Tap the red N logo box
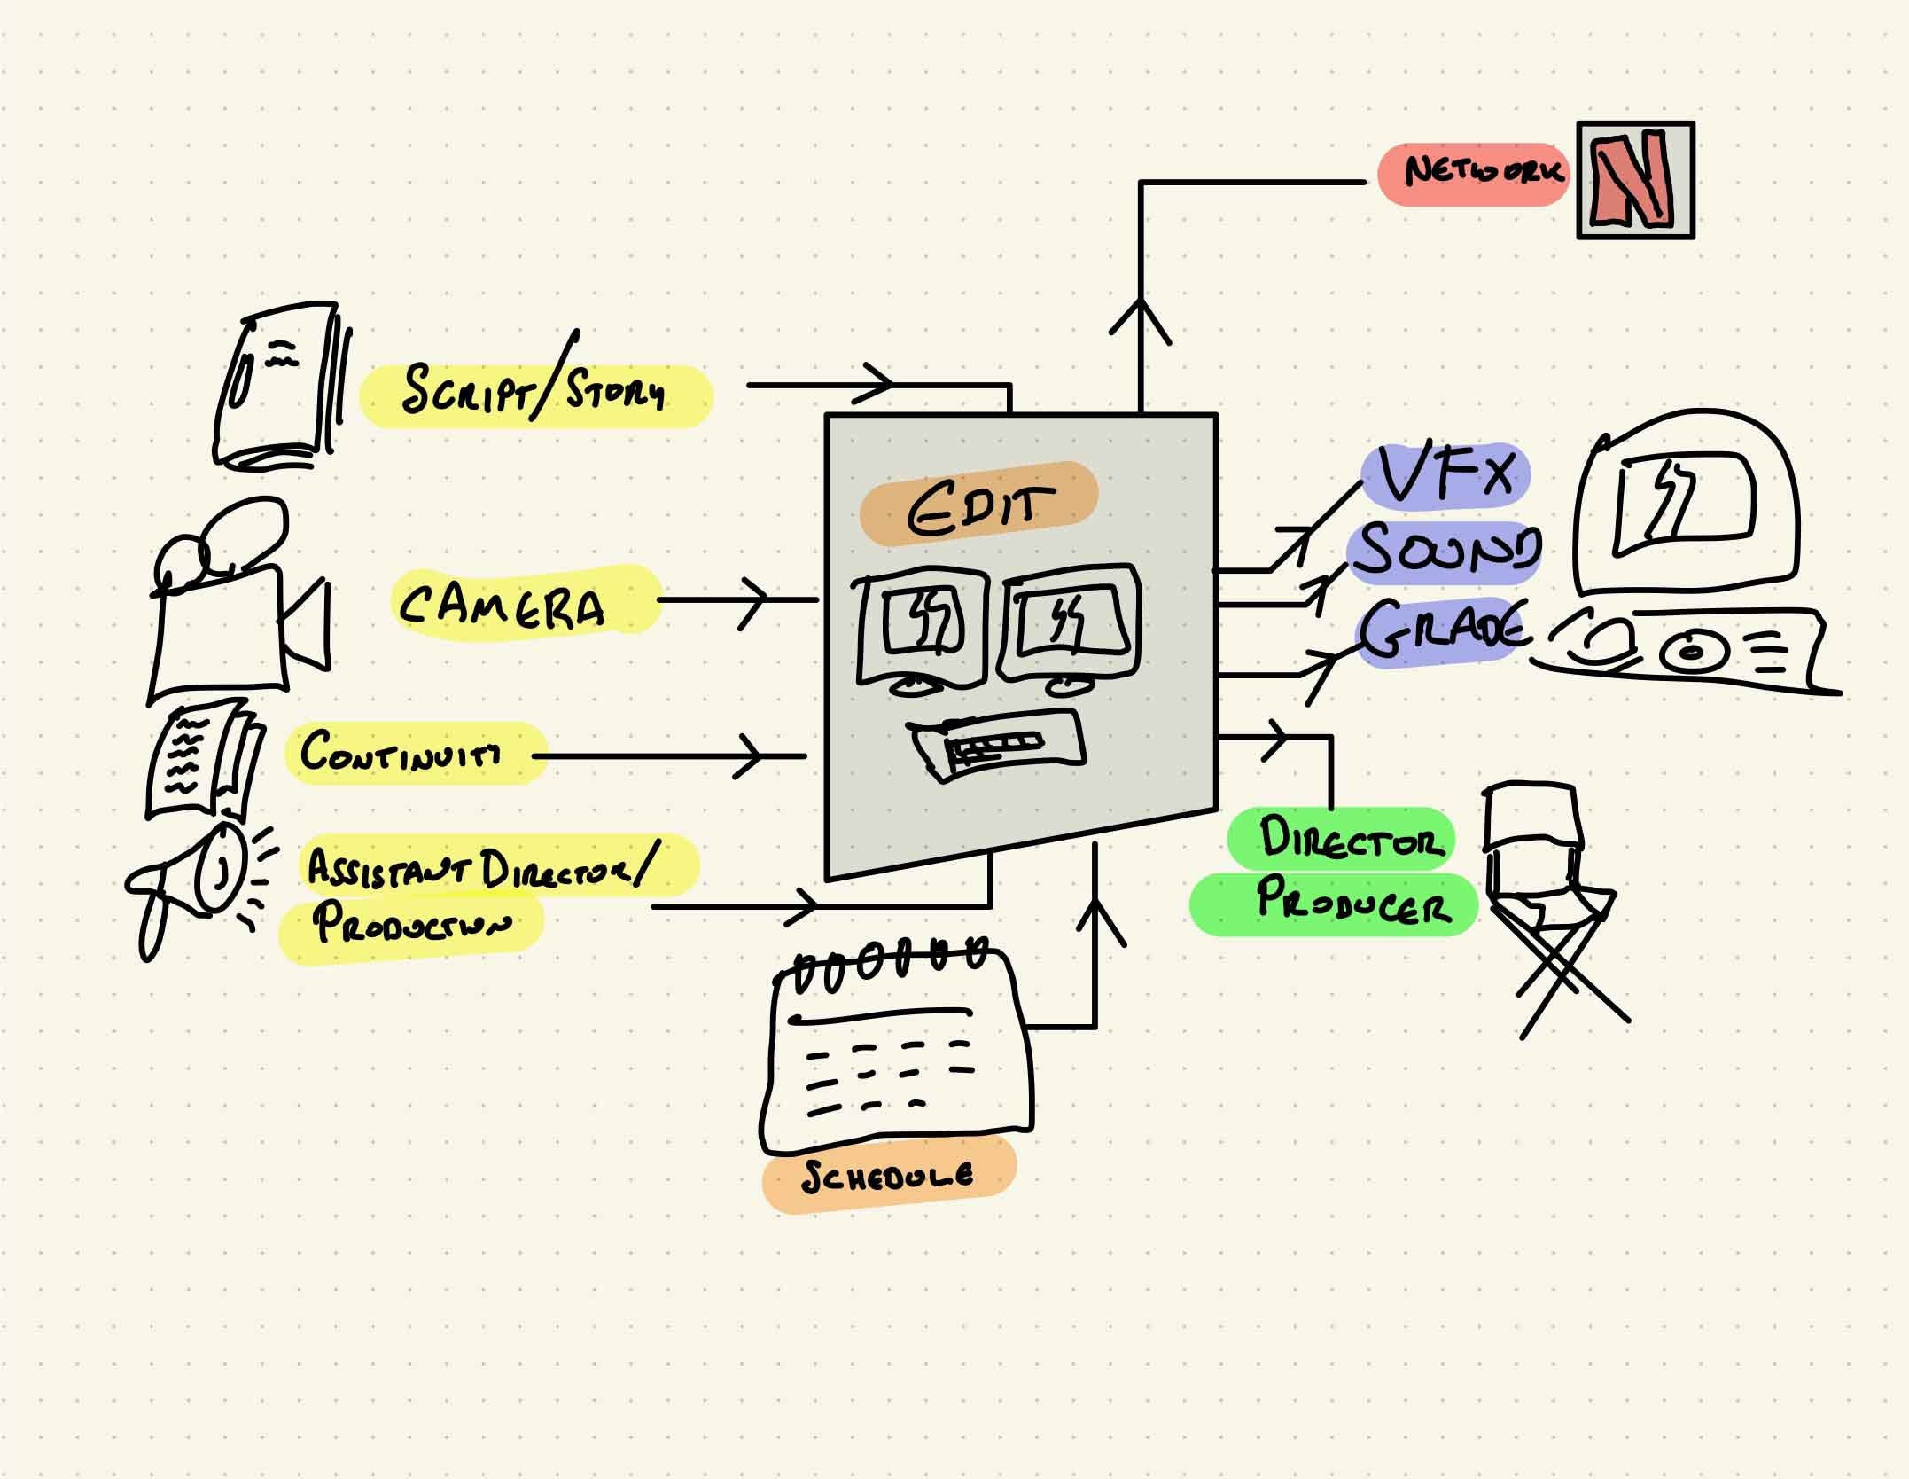1635,180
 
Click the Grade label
1440,630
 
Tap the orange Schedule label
888,1176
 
